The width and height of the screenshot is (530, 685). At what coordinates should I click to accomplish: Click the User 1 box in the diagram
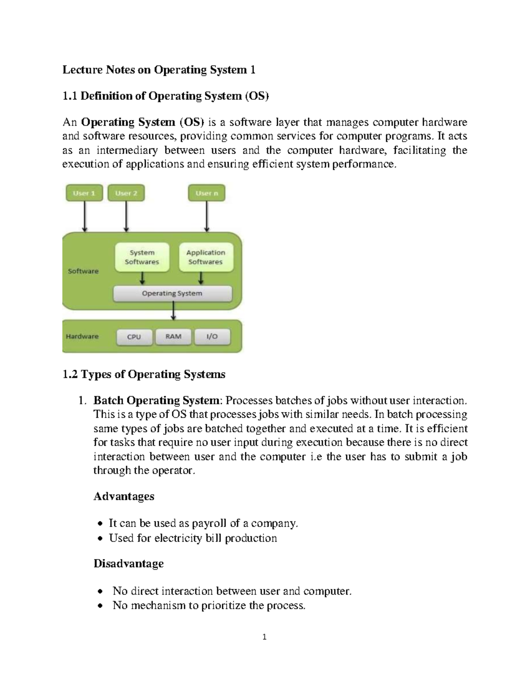tap(84, 193)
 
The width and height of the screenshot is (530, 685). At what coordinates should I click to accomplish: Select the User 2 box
tap(126, 193)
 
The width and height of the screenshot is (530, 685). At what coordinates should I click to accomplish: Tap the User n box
tap(207, 193)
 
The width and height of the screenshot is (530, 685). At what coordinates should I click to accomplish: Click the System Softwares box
tap(142, 257)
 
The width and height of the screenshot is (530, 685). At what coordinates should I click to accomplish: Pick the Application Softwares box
tap(206, 257)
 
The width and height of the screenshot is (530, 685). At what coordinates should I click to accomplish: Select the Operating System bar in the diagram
tap(172, 293)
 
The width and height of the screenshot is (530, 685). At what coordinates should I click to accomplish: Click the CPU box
tap(134, 337)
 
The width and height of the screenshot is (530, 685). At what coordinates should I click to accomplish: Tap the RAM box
tap(174, 337)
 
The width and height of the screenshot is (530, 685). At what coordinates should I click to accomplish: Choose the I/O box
tap(212, 337)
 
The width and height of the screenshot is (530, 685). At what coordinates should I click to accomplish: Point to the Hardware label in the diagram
tap(82, 337)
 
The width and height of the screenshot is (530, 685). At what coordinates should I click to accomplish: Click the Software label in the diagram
tap(83, 271)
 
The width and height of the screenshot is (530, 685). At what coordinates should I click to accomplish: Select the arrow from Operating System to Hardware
tap(173, 311)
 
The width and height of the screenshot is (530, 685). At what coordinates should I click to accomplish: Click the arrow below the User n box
tap(207, 216)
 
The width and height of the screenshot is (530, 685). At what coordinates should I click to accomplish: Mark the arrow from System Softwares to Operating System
tap(142, 278)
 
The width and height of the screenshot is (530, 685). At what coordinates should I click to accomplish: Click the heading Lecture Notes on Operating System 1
tap(159, 70)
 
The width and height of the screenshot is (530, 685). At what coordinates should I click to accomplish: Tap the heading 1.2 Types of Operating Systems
tap(144, 374)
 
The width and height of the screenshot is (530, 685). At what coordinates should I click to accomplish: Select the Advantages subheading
tap(124, 496)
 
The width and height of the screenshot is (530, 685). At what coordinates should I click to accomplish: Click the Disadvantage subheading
tap(129, 564)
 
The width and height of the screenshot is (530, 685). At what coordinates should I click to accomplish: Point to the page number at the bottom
tap(265, 637)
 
